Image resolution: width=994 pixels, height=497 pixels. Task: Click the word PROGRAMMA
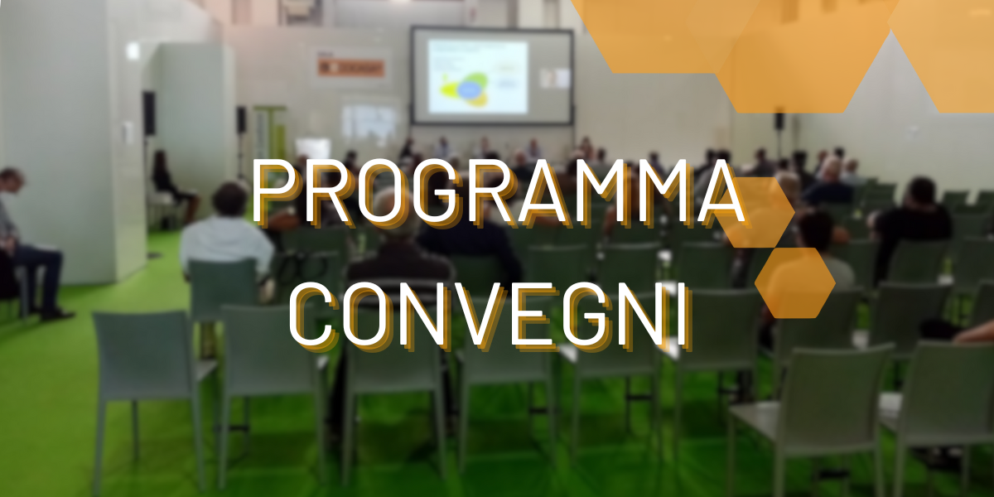498,191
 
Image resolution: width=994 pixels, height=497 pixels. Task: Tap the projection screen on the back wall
492,75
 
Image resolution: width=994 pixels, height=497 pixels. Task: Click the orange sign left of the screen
351,68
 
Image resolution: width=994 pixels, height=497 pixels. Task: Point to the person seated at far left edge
27,244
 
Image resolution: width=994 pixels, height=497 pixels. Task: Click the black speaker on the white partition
149,113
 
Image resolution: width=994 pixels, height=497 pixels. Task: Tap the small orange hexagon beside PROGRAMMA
756,212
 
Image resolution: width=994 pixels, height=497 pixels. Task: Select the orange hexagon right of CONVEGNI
794,282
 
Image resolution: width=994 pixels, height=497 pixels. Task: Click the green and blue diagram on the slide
466,89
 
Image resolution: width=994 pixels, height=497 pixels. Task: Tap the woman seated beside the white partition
171,186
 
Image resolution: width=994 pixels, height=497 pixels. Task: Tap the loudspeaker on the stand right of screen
779,121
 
